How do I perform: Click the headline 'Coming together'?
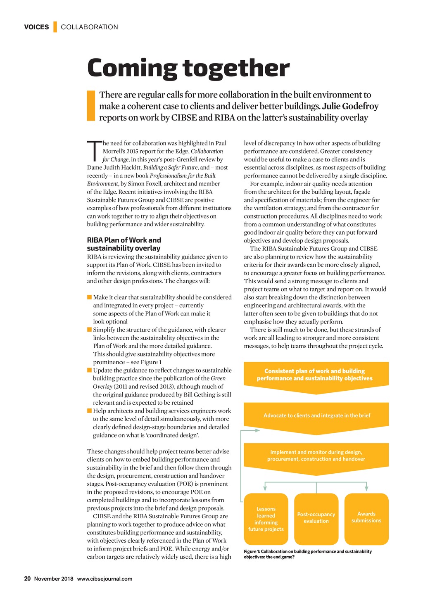coord(188,68)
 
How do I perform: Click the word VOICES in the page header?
coord(36,27)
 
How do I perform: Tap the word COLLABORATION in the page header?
coord(89,27)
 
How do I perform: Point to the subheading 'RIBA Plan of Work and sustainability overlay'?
coord(124,244)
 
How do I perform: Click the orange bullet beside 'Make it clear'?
coord(89,297)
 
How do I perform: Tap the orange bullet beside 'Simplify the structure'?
coord(89,330)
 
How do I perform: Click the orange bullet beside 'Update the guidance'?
coord(89,370)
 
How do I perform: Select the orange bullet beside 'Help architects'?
coord(89,411)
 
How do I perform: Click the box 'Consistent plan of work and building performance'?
coord(316,375)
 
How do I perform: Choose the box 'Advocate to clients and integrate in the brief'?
coord(316,415)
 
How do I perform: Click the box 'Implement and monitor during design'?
coord(316,456)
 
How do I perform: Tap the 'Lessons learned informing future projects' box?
coord(266,519)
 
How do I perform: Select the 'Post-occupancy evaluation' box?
coord(316,518)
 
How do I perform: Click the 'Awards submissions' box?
coord(366,517)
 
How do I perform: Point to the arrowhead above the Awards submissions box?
coord(366,489)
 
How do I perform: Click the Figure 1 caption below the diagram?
coord(308,554)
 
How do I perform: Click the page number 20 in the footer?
coord(28,579)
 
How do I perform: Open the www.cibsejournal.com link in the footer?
coord(105,579)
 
